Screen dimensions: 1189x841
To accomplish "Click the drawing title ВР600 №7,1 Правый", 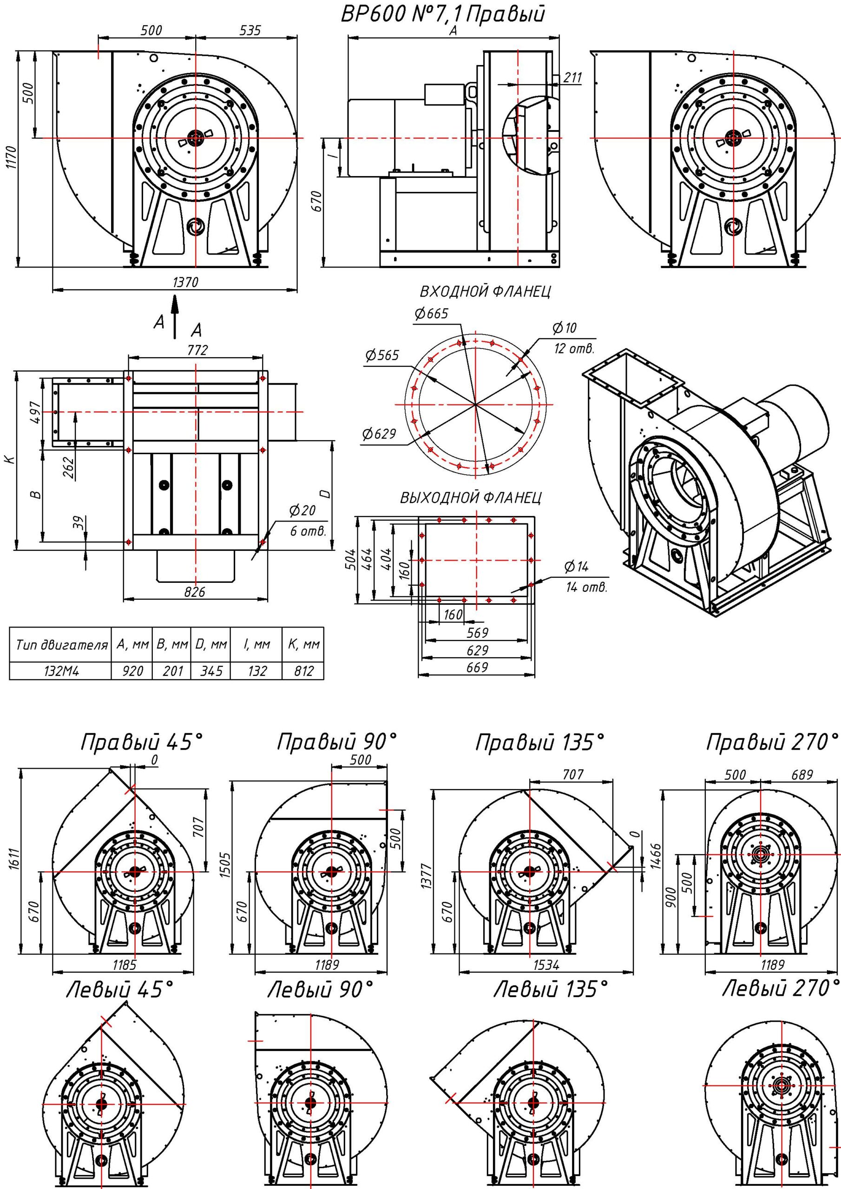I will (x=443, y=14).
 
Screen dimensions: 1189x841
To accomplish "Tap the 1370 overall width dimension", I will (x=185, y=282).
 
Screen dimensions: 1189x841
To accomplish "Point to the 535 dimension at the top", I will (x=250, y=31).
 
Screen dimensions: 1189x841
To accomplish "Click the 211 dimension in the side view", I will (x=572, y=78).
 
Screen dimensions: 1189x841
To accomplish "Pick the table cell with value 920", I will (x=132, y=671).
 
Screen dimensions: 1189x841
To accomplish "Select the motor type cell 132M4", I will (x=61, y=671).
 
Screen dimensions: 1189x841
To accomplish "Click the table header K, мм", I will (x=304, y=645).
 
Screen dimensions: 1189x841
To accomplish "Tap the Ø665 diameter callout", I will (x=431, y=314).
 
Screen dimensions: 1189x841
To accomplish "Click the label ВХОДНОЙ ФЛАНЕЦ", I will (x=485, y=292).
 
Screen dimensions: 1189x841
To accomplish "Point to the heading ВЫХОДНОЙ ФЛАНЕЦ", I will (x=471, y=498).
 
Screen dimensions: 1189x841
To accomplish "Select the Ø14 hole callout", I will (x=576, y=567).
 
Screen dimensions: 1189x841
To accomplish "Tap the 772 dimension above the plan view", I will (x=197, y=350).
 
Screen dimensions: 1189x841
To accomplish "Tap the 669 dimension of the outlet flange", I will (x=477, y=667).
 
